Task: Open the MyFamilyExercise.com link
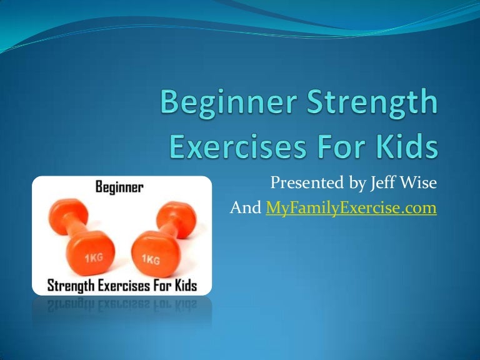pos(351,208)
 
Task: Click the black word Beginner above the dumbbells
pos(120,187)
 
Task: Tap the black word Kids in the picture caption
pos(184,286)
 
